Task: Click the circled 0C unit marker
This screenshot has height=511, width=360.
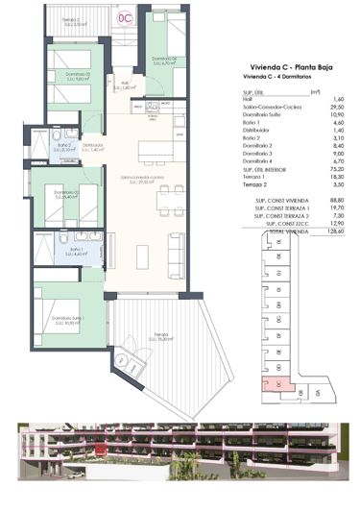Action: [x=124, y=17]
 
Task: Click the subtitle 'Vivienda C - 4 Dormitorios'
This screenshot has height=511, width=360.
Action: [x=269, y=80]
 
